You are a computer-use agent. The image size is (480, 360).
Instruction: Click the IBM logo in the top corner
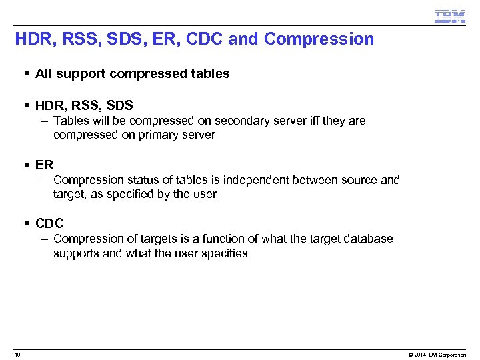[x=450, y=16]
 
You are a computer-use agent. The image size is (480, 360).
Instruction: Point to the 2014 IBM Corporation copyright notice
[x=437, y=355]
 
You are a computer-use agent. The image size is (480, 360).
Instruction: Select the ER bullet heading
[x=44, y=165]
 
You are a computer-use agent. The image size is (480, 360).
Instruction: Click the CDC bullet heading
[x=49, y=223]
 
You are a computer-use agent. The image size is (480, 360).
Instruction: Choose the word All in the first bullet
[x=43, y=74]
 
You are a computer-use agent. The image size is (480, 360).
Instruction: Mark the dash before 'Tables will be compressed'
[x=43, y=121]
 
